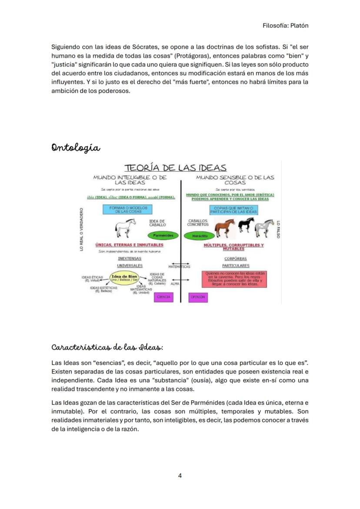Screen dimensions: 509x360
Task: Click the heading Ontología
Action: pos(76,148)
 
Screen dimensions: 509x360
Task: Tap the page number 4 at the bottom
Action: pos(180,475)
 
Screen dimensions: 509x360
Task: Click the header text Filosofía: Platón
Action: pos(286,25)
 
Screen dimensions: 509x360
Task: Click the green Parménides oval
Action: pos(163,235)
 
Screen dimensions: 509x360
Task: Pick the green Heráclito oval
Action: pos(199,236)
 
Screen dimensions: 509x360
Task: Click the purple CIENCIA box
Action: pos(163,297)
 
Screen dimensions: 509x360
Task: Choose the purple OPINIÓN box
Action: pos(198,297)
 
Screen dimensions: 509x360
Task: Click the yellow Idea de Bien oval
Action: pos(124,278)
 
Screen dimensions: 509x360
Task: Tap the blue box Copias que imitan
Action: pos(233,210)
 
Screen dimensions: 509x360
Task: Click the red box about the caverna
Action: pos(235,279)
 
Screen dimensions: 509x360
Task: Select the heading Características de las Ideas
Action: pos(107,347)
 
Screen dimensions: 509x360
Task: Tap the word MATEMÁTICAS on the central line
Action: pos(180,266)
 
